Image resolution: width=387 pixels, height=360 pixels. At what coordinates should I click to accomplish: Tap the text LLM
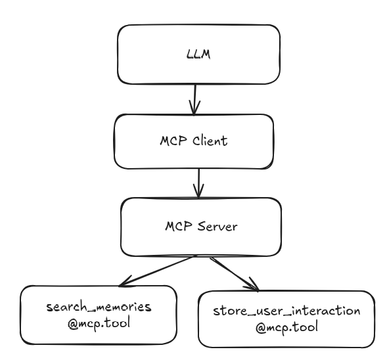point(198,54)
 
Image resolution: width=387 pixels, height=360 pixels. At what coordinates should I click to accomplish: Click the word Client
point(210,141)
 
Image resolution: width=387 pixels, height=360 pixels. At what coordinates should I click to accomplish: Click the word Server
point(217,226)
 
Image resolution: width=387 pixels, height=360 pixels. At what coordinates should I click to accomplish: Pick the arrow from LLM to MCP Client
point(194,99)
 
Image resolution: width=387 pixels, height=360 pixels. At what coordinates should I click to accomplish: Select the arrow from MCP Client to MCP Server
point(199,183)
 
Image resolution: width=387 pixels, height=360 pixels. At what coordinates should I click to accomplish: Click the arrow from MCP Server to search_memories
point(157,271)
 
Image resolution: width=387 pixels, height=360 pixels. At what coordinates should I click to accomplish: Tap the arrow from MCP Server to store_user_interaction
point(235,275)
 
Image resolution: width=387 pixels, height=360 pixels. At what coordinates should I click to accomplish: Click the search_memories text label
point(99,307)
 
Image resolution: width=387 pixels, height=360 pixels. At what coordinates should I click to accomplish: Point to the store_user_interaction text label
point(286,311)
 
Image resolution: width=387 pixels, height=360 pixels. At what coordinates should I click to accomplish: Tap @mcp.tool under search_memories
point(99,323)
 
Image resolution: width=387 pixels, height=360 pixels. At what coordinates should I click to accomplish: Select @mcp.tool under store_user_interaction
point(286,327)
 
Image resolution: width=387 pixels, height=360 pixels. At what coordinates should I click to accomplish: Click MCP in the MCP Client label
point(173,141)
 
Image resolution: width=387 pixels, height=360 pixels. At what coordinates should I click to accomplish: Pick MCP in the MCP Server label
point(179,226)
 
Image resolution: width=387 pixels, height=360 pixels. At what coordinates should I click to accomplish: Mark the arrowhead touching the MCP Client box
point(194,108)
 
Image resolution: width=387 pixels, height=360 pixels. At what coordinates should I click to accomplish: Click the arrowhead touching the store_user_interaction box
point(253,285)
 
